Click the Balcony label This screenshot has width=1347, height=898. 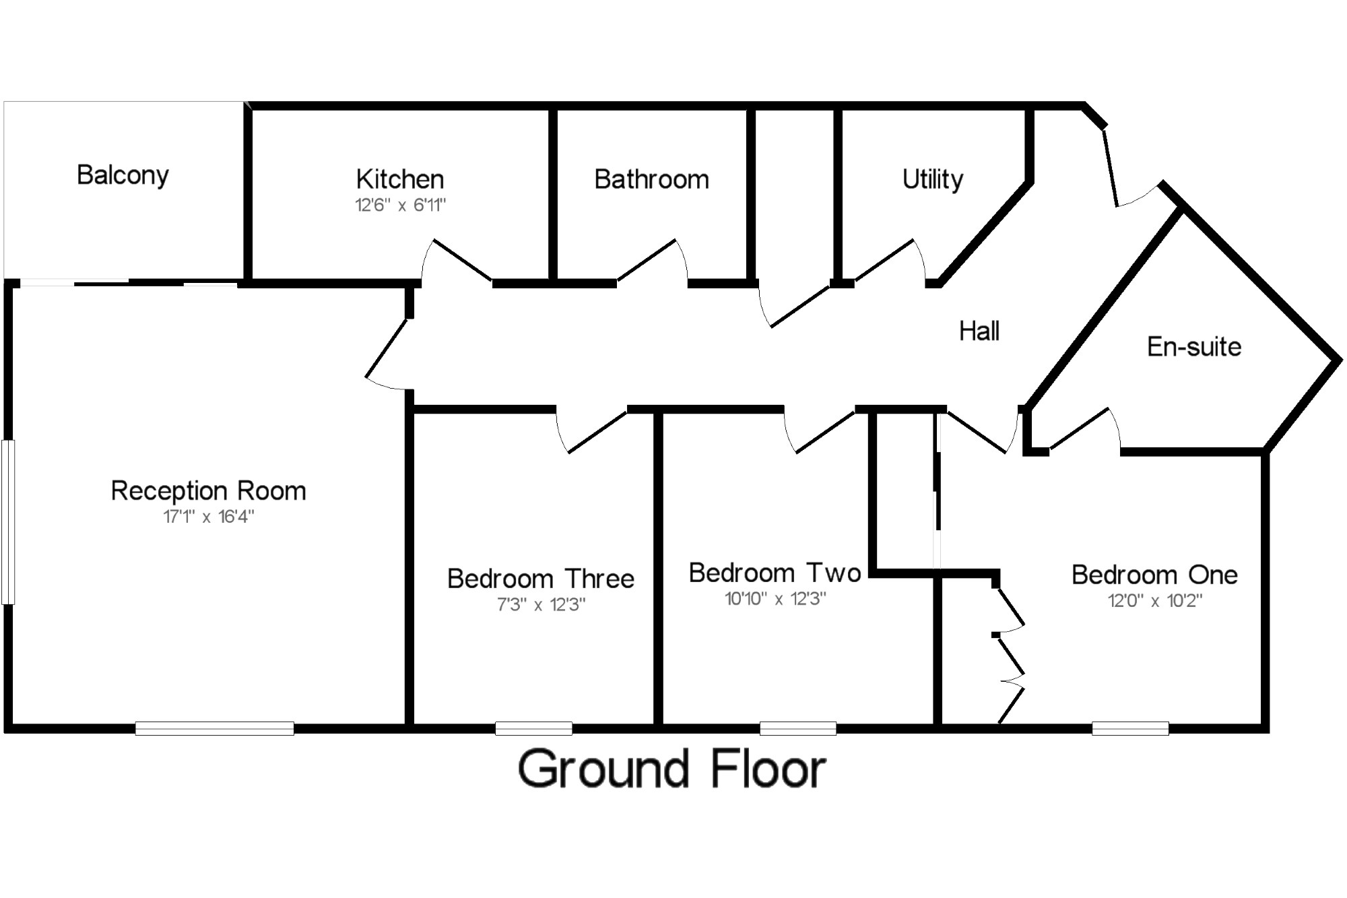[123, 175]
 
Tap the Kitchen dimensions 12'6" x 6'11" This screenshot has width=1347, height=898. [401, 205]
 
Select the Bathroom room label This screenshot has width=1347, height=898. [651, 180]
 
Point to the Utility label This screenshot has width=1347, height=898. [933, 179]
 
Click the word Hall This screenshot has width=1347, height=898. [979, 331]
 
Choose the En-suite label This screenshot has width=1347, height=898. [1194, 347]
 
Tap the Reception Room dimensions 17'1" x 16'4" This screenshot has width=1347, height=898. [209, 517]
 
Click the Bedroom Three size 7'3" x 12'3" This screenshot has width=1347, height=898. [541, 605]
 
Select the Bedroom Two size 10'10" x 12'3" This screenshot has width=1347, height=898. [775, 599]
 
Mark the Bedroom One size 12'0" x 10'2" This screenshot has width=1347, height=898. [1155, 600]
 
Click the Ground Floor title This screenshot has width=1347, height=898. [672, 769]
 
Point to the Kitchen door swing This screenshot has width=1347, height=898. [455, 259]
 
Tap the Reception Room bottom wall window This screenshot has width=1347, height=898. [214, 728]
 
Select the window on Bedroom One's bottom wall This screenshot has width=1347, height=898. [1130, 728]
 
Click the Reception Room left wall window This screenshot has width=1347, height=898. [8, 522]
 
